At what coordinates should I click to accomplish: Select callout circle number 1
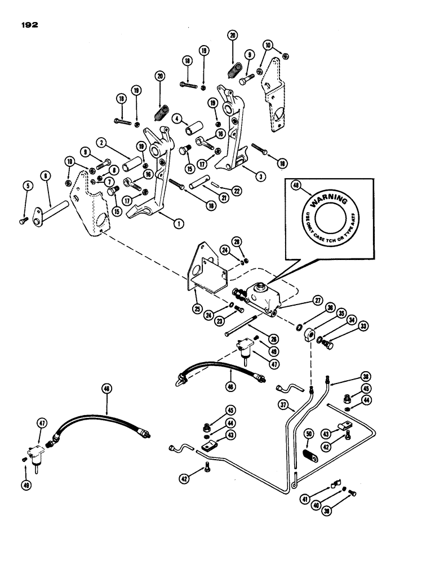(177, 223)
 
